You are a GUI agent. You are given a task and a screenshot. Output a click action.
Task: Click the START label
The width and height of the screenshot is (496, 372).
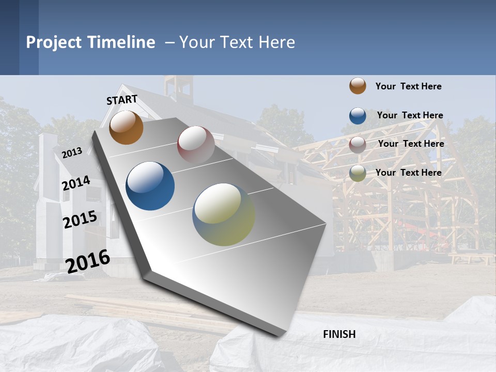tap(122, 100)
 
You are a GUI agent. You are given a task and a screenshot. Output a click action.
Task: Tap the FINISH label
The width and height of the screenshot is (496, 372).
tap(339, 334)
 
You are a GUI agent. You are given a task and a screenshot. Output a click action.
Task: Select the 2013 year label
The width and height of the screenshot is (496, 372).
tap(72, 152)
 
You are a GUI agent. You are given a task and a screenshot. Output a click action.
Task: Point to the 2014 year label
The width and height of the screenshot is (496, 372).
tap(76, 183)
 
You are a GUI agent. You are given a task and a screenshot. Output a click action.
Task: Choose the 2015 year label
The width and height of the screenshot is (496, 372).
tap(80, 220)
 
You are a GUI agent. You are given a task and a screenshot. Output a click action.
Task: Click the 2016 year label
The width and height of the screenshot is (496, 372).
tap(88, 261)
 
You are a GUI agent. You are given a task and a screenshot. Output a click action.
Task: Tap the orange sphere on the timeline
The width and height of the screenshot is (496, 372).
tap(126, 127)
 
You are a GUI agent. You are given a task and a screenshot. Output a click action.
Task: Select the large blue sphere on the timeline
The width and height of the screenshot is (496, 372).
tap(150, 186)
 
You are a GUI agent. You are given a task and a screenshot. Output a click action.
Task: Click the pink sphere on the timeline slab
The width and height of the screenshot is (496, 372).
tap(196, 144)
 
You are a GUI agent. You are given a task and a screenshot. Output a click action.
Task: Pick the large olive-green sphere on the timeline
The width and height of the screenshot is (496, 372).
tap(224, 214)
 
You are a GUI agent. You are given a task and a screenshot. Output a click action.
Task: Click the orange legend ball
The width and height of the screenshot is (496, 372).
tap(358, 86)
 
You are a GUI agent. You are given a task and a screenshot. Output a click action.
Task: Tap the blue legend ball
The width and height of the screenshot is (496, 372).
tap(358, 115)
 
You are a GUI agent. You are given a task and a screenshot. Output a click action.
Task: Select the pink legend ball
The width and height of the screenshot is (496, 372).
tap(358, 144)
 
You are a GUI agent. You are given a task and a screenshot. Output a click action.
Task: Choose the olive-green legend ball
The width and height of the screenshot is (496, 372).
tap(358, 173)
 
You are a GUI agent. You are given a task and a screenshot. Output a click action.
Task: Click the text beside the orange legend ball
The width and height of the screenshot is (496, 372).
tap(408, 86)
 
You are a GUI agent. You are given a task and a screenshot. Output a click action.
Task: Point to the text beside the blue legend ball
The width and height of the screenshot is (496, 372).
tap(410, 115)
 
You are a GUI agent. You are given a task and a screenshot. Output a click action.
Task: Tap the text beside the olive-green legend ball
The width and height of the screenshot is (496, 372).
tap(408, 173)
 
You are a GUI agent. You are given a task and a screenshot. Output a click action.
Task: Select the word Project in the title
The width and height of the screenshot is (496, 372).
tap(54, 42)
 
